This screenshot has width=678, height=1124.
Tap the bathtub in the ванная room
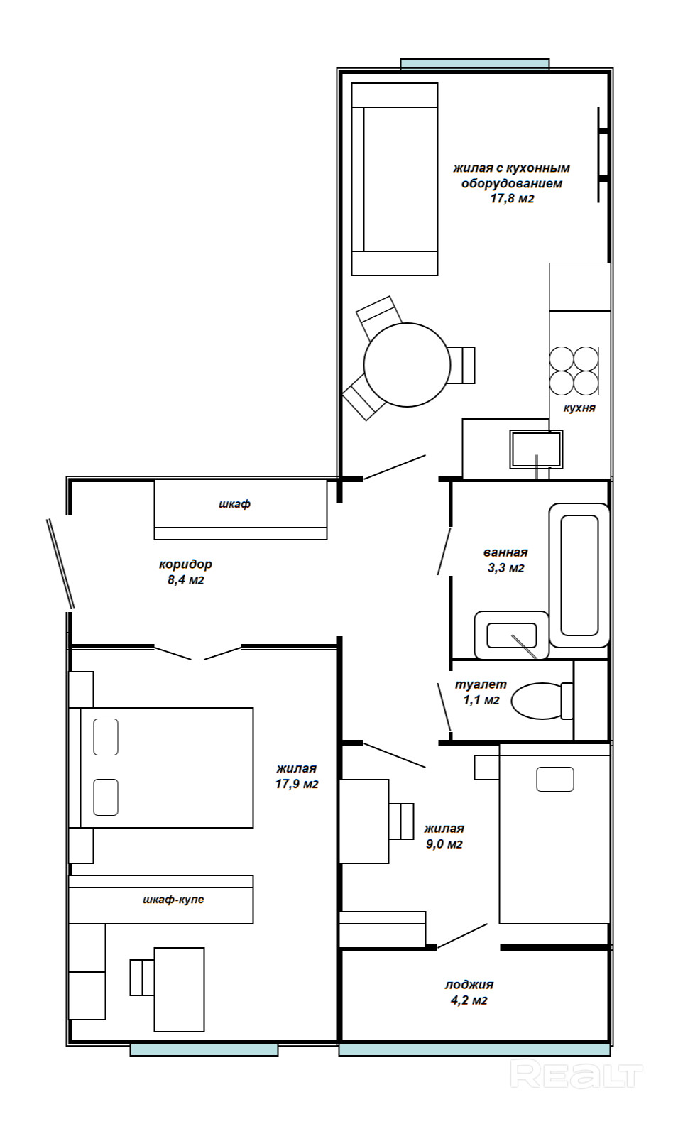[579, 575]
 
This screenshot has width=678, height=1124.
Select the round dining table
[407, 364]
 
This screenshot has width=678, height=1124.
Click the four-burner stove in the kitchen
[574, 371]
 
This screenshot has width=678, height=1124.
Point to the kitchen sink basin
[536, 449]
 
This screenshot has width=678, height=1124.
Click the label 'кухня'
[579, 408]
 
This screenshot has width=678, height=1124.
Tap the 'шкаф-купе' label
[173, 899]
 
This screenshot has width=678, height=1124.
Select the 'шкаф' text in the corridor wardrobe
[234, 504]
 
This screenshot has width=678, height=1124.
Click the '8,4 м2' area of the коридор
[186, 580]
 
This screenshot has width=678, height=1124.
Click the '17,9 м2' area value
[297, 784]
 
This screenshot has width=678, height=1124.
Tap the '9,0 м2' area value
[444, 844]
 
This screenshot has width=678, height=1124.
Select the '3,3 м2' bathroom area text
[506, 568]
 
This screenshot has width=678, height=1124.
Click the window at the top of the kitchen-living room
[475, 64]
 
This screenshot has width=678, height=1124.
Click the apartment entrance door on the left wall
[61, 564]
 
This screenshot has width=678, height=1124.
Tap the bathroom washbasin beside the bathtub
[511, 635]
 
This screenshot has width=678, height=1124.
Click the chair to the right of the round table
[461, 365]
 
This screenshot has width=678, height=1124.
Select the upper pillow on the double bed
[106, 736]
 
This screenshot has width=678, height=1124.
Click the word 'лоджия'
[469, 985]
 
